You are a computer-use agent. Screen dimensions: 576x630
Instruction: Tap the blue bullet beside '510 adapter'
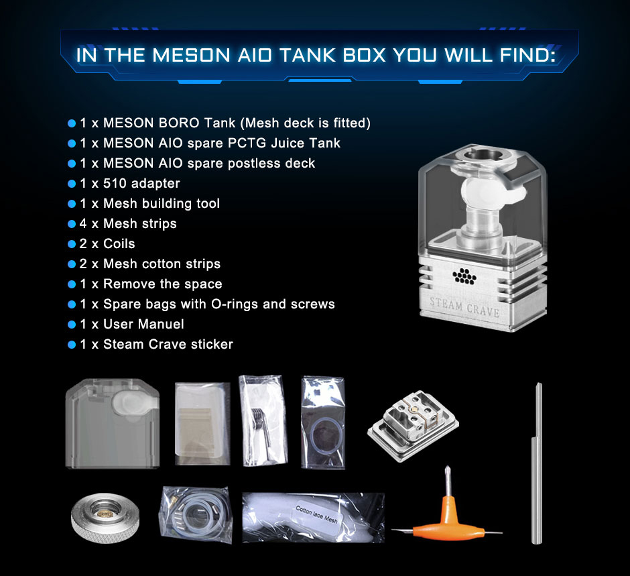coord(72,184)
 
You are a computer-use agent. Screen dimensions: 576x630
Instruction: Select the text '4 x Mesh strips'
coord(128,224)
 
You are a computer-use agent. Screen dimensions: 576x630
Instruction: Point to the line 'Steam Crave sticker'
coord(168,345)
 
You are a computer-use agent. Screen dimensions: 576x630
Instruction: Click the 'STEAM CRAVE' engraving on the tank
coord(464,306)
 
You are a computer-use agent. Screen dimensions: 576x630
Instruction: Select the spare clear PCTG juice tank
coord(112,424)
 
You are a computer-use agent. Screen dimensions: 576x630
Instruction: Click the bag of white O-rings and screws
coord(196,515)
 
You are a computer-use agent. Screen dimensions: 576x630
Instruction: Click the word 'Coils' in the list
coord(119,244)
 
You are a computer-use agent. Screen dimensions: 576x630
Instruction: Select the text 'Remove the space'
coord(162,284)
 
